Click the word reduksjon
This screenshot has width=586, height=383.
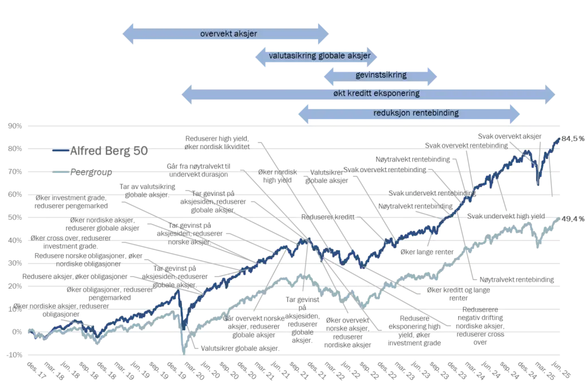point(390,113)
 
